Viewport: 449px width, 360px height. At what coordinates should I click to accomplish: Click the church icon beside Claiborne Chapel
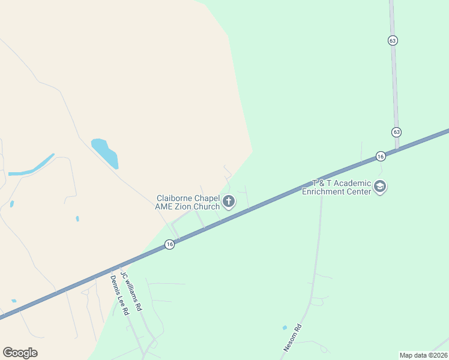click(x=229, y=202)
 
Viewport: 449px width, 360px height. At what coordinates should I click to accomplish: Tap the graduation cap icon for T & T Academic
click(x=379, y=187)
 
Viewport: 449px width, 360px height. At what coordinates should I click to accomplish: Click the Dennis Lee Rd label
click(x=119, y=295)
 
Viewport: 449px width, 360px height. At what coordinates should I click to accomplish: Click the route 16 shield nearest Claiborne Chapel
click(x=170, y=244)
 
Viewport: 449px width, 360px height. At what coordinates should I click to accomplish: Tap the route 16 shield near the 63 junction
click(x=381, y=156)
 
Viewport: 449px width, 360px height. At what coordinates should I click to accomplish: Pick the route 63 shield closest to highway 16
click(x=396, y=132)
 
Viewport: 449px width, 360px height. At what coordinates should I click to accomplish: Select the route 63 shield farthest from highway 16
click(x=392, y=40)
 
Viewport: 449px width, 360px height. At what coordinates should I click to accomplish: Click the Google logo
click(x=20, y=353)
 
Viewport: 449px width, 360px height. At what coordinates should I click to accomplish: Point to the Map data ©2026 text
click(x=424, y=355)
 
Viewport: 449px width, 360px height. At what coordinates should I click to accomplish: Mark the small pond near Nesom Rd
click(x=285, y=328)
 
